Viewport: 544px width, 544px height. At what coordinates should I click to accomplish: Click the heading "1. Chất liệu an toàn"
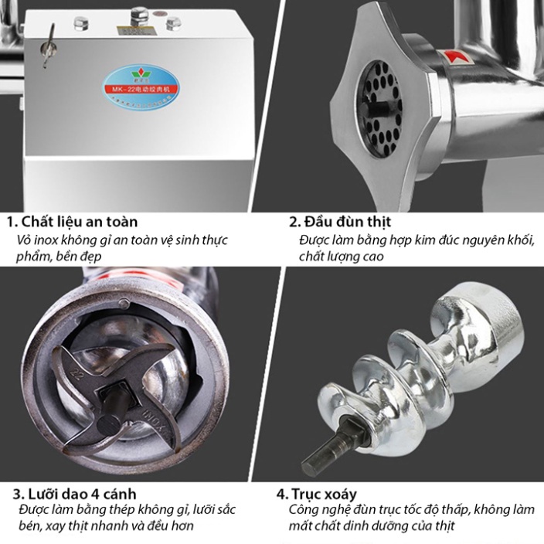click(73, 223)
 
